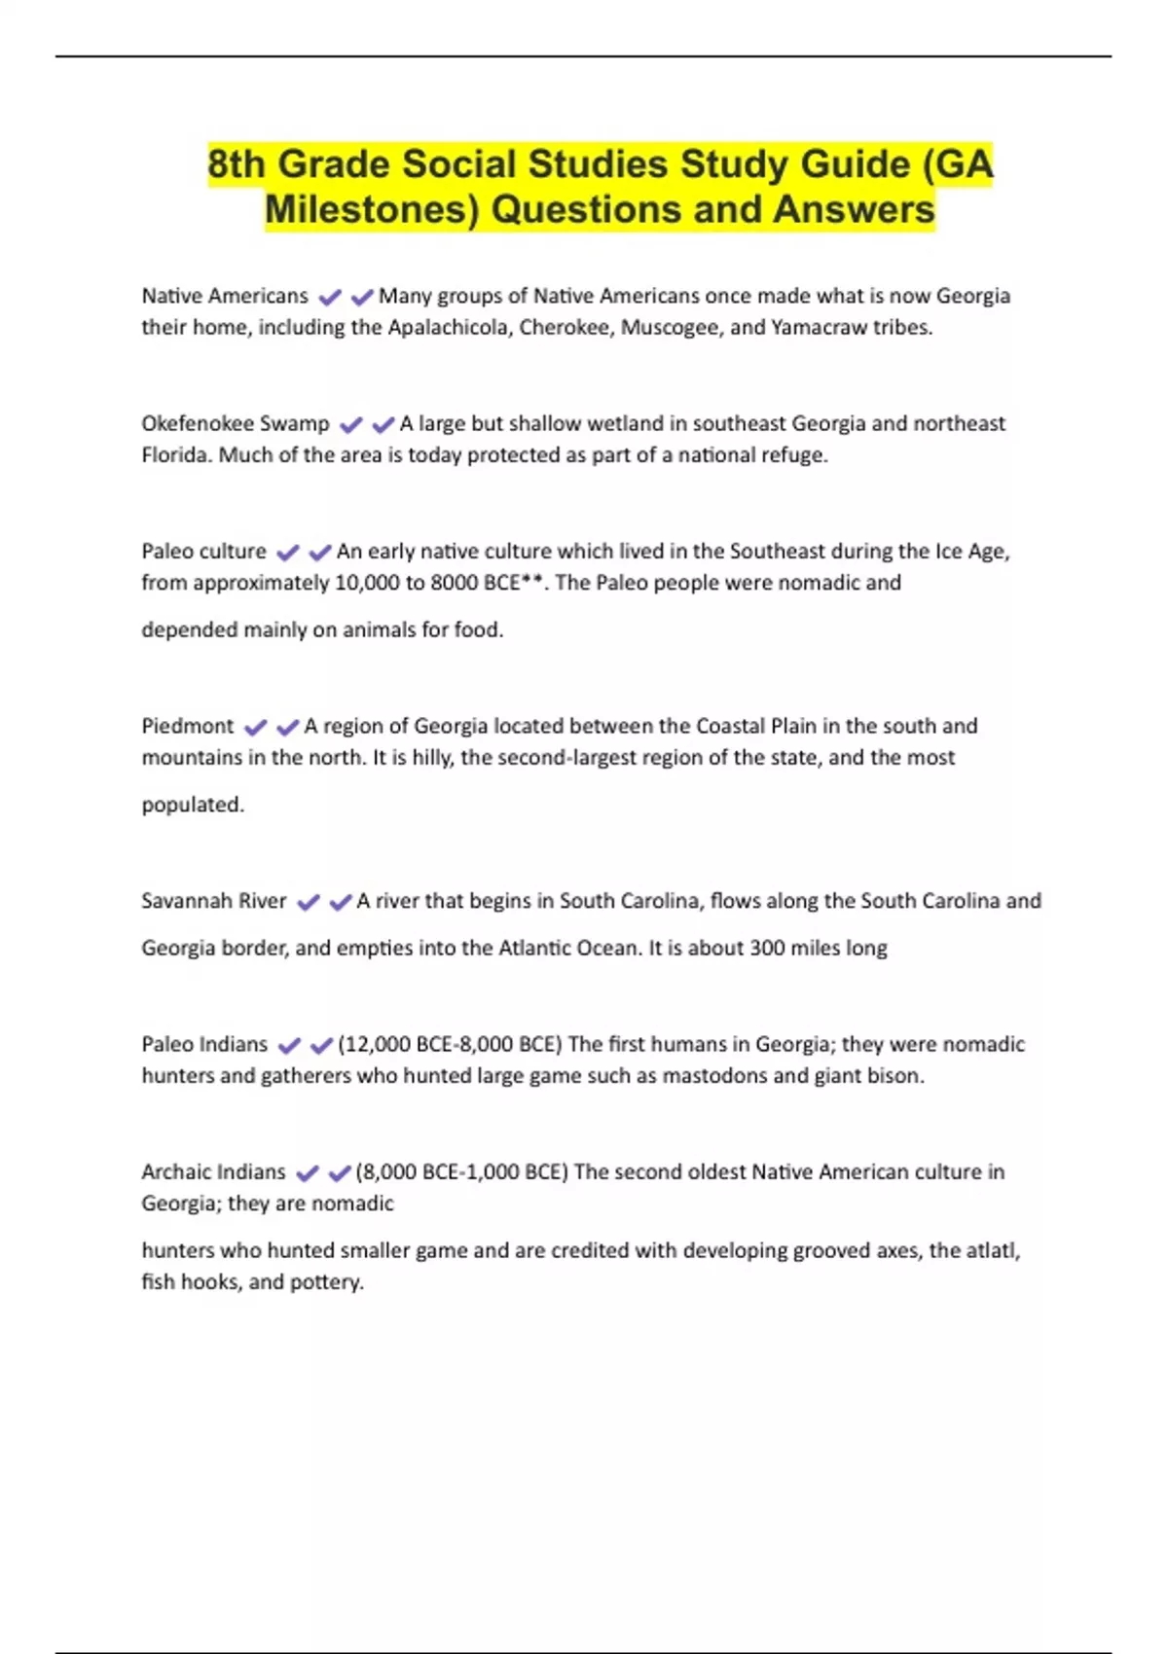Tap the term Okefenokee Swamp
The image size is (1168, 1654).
pyautogui.click(x=236, y=424)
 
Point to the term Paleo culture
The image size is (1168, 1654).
pyautogui.click(x=203, y=552)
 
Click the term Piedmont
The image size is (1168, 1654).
pyautogui.click(x=188, y=727)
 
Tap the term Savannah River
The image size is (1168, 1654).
pyautogui.click(x=214, y=902)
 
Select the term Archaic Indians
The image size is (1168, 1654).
pyautogui.click(x=213, y=1172)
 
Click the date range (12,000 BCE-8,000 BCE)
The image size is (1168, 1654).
pyautogui.click(x=450, y=1045)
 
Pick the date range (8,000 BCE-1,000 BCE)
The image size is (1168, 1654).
pyautogui.click(x=461, y=1172)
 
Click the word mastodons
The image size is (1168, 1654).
pyautogui.click(x=714, y=1076)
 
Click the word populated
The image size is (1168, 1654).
pyautogui.click(x=193, y=806)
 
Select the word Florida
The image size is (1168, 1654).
pyautogui.click(x=176, y=455)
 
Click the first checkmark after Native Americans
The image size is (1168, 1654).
pyautogui.click(x=330, y=297)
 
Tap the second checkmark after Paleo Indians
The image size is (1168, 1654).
pyautogui.click(x=321, y=1046)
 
